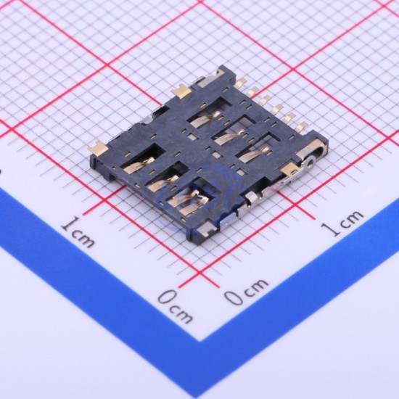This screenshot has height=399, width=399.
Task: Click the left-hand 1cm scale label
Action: pyautogui.click(x=78, y=232)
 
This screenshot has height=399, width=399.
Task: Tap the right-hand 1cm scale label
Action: pyautogui.click(x=342, y=223)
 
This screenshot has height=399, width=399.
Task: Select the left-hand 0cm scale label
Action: pyautogui.click(x=175, y=306)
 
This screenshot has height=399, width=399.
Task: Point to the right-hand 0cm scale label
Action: pyautogui.click(x=246, y=291)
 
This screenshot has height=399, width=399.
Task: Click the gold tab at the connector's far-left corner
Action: pyautogui.click(x=97, y=149)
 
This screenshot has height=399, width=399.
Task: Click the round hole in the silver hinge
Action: pyautogui.click(x=310, y=161)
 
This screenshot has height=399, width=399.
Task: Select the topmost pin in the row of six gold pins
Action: pyautogui.click(x=241, y=82)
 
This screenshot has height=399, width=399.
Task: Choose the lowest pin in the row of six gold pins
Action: pyautogui.click(x=302, y=126)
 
